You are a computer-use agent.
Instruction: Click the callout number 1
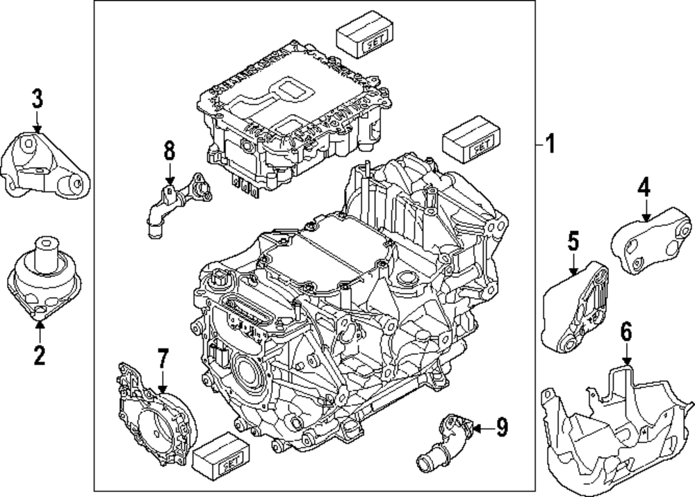[x=550, y=144]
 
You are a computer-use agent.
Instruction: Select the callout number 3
[x=38, y=99]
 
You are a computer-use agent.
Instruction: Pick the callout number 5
[x=573, y=242]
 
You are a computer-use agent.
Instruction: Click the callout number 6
[x=626, y=332]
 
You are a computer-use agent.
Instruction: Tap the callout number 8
[x=170, y=151]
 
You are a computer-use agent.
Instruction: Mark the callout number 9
[x=501, y=428]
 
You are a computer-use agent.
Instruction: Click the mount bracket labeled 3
[x=46, y=165]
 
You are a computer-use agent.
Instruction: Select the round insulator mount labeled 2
[x=44, y=278]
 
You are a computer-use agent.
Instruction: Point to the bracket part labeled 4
[x=651, y=240]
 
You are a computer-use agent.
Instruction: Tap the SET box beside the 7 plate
[x=221, y=455]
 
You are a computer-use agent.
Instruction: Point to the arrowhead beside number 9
[x=477, y=428]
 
